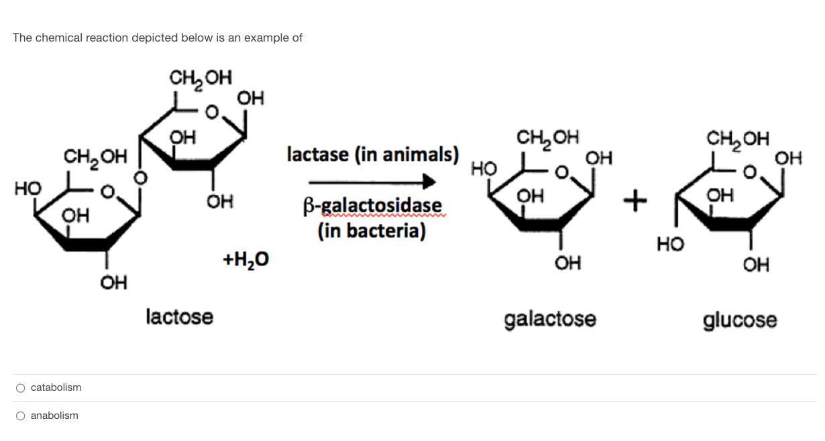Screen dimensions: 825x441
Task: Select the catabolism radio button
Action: [21, 388]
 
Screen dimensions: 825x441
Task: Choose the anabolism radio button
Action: [21, 416]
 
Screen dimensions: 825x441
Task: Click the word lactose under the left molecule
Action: [179, 316]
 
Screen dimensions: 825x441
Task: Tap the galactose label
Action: [549, 319]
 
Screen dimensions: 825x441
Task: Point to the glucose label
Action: [740, 320]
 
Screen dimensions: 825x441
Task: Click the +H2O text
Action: [245, 258]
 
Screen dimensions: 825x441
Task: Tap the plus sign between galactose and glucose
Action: [635, 198]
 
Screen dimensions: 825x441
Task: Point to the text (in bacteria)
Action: [372, 231]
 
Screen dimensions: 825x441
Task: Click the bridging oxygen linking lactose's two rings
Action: [140, 178]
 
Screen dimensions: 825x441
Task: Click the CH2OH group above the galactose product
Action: [547, 138]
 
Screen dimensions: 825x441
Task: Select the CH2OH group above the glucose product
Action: [738, 139]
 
